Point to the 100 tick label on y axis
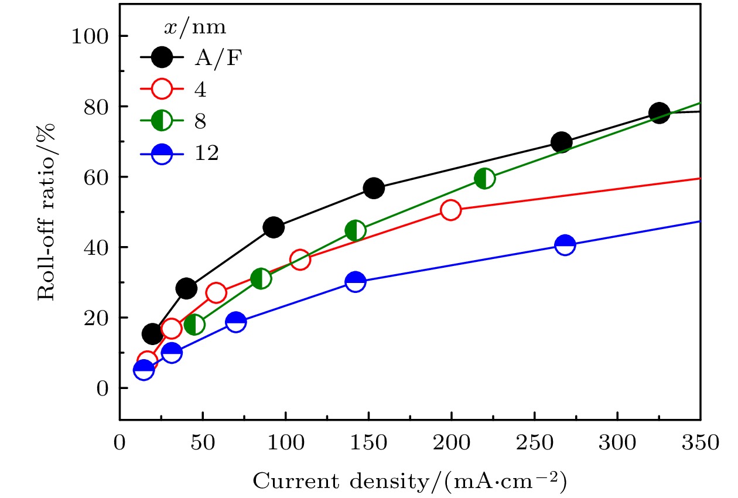tap(91, 37)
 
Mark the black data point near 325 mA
tap(659, 112)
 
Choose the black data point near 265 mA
tap(561, 142)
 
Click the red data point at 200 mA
tap(450, 210)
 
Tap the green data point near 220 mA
tap(484, 178)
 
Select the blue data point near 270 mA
tap(565, 245)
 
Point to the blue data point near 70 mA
tap(235, 322)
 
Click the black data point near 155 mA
tap(374, 188)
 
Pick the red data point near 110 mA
tap(300, 259)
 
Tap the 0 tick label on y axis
tap(104, 388)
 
